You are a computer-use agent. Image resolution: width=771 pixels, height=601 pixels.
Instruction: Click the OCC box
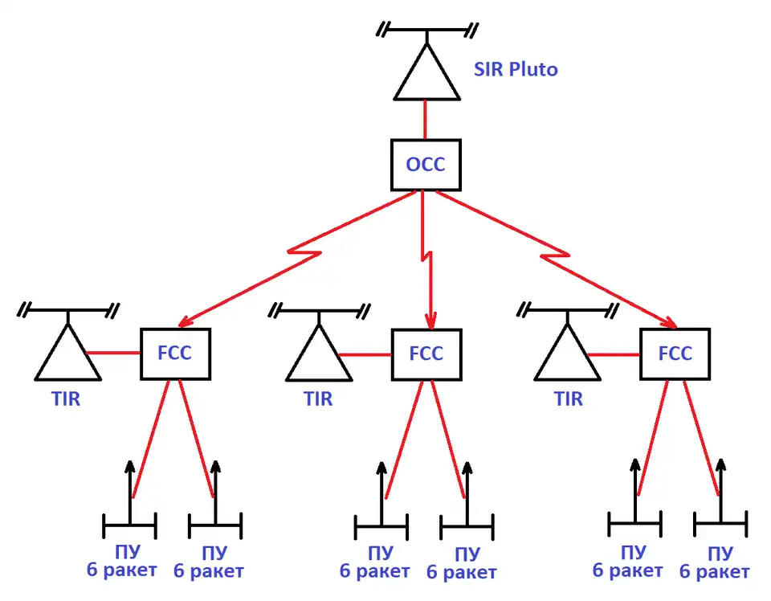[425, 166]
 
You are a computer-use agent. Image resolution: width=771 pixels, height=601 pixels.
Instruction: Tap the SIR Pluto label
[515, 70]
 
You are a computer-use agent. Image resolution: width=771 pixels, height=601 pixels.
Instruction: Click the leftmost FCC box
[175, 354]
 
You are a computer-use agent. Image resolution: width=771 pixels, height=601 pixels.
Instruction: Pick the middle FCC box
[426, 354]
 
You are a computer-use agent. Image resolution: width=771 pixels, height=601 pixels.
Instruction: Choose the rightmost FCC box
[675, 354]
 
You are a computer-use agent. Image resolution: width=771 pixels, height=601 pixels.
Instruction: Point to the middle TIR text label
[319, 398]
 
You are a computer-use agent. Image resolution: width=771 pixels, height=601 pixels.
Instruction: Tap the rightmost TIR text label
[569, 398]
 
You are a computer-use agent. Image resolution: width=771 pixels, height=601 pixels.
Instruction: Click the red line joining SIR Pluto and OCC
[425, 121]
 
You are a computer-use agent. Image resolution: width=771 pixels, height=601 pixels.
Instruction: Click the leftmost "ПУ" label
[128, 553]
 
